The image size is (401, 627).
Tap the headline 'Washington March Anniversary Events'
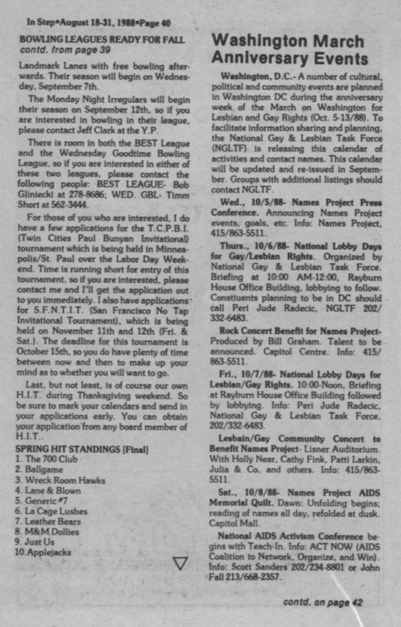pos(290,50)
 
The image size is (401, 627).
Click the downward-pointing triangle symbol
pos(180,563)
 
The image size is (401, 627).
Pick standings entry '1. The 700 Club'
pos(47,459)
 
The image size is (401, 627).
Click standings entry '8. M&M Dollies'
pos(48,532)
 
